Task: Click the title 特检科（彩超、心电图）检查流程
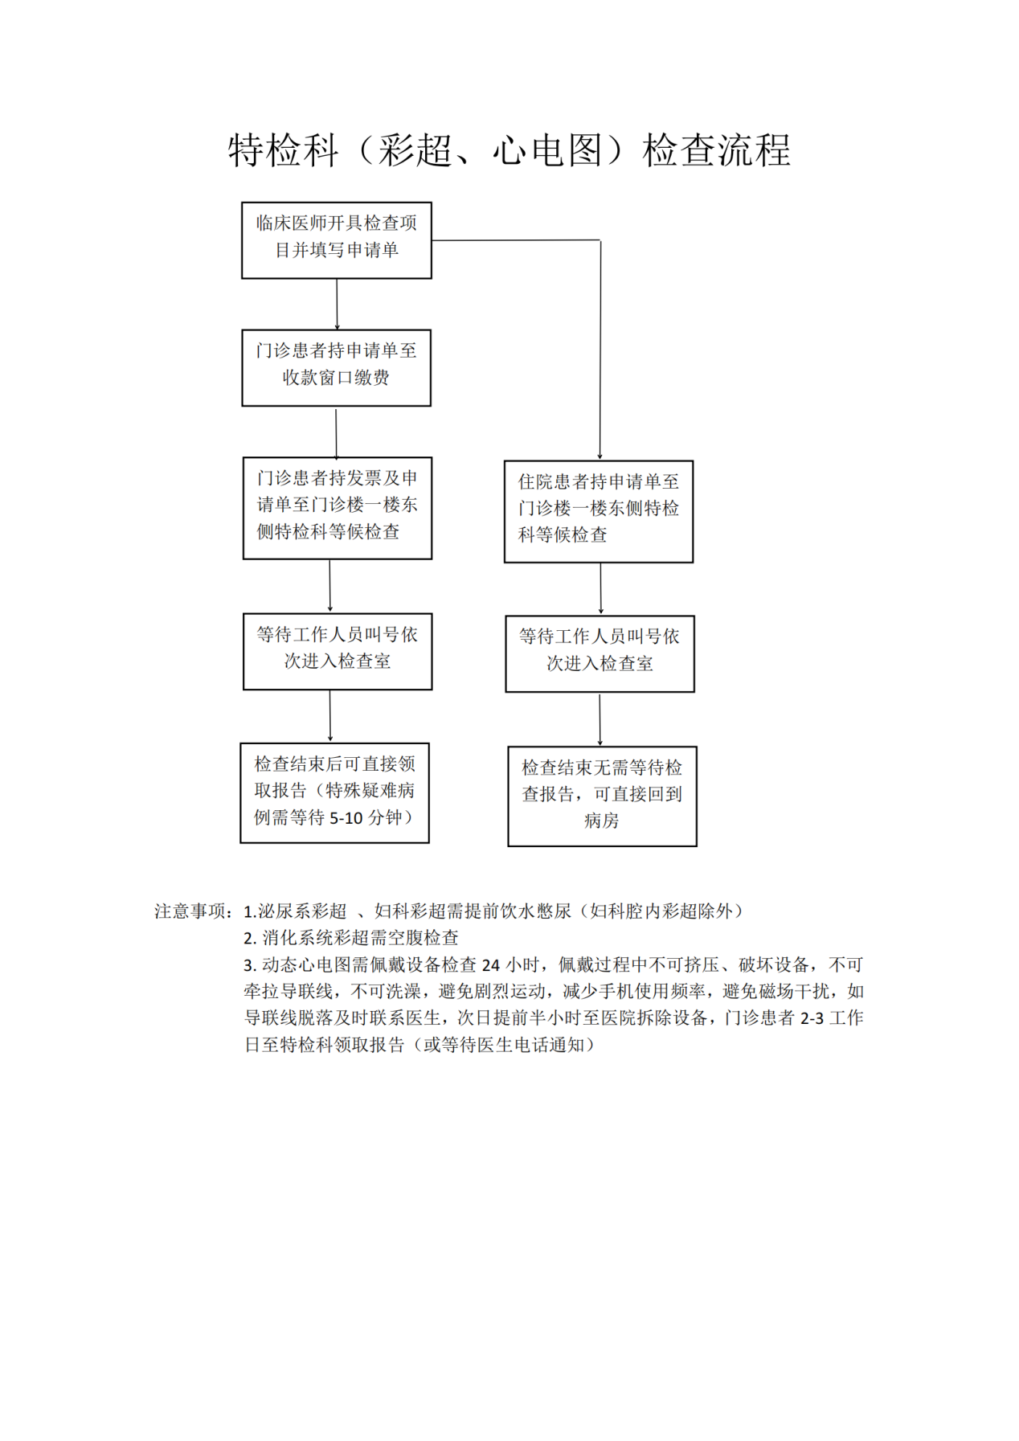(509, 150)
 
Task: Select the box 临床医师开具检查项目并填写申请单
(337, 240)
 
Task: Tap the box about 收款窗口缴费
(337, 368)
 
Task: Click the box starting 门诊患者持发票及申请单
(338, 508)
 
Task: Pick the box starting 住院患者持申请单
(599, 511)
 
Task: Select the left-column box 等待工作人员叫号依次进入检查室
(338, 652)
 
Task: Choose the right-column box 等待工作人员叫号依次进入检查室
(600, 654)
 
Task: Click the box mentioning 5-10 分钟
(335, 793)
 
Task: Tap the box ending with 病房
(602, 796)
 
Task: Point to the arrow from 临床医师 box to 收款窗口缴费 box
(337, 305)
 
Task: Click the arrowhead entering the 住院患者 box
(600, 456)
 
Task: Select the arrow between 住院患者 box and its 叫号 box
(600, 589)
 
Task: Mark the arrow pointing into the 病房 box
(600, 719)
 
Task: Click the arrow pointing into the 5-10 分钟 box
(330, 716)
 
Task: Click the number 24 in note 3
(490, 965)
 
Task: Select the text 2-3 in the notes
(812, 1018)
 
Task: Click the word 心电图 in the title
(546, 150)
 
